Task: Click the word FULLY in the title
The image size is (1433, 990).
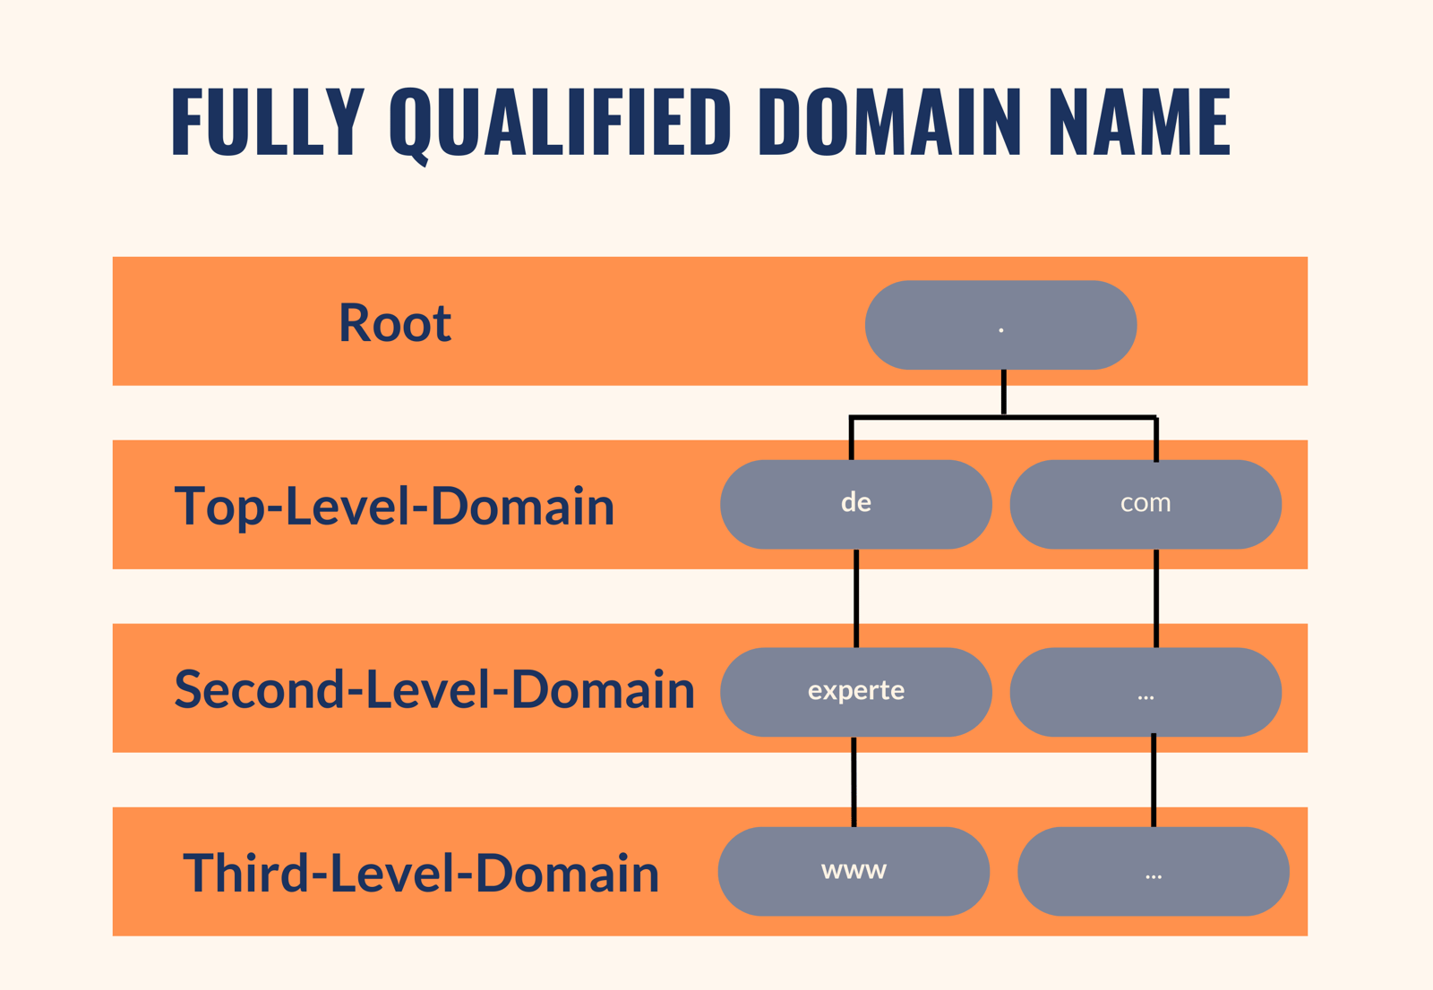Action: [x=267, y=122]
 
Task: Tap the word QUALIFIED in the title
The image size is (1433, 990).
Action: [x=560, y=122]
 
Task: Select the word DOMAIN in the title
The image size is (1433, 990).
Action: [x=889, y=122]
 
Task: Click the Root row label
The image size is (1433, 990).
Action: [x=394, y=322]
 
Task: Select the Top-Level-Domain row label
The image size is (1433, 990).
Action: [x=394, y=506]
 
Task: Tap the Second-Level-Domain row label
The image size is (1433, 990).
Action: [x=434, y=689]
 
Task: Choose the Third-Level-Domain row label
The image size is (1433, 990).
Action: [x=421, y=873]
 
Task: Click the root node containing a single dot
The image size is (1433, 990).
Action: [x=1000, y=325]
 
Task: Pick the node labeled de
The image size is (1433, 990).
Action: [x=855, y=504]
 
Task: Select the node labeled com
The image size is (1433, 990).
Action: [x=1146, y=504]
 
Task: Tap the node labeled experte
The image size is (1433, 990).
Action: [x=855, y=692]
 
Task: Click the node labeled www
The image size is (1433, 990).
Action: [x=854, y=871]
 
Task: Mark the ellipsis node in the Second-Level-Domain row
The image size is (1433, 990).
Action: [x=1146, y=692]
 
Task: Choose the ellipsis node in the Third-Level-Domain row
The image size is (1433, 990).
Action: [x=1153, y=871]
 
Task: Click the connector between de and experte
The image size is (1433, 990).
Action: [x=856, y=598]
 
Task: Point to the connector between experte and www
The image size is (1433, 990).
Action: [x=854, y=781]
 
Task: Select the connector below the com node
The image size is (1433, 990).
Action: [x=1156, y=598]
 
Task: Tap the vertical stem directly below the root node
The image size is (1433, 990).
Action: [x=1003, y=392]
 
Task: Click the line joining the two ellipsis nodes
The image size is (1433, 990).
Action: [x=1154, y=781]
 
